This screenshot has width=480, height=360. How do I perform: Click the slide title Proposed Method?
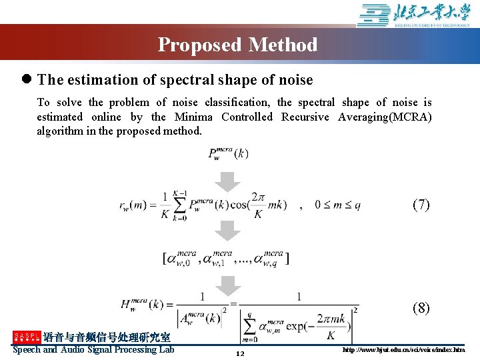(237, 45)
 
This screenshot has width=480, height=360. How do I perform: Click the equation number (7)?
(421, 205)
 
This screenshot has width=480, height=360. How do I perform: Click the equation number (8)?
(421, 308)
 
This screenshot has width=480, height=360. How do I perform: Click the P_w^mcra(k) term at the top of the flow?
(228, 154)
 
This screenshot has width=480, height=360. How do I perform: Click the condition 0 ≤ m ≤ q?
(337, 205)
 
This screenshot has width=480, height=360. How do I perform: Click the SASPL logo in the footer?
(26, 337)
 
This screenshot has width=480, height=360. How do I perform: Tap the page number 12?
(240, 353)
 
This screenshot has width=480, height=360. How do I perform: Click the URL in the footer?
(403, 350)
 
